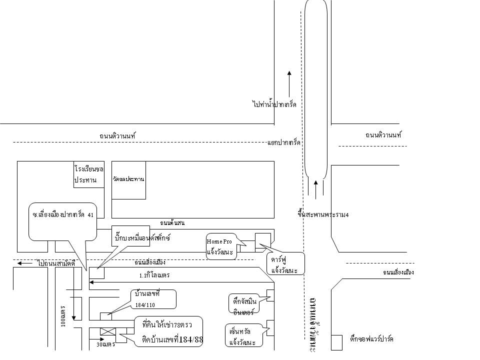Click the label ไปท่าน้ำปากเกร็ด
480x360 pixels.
[274, 104]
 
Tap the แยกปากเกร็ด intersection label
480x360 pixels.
[283, 143]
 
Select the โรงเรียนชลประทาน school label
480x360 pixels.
[88, 174]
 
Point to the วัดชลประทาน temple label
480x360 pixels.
[128, 179]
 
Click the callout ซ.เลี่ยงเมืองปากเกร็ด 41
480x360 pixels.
[62, 215]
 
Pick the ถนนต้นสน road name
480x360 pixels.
[172, 223]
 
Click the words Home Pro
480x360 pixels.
[219, 241]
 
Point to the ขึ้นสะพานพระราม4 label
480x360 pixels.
[322, 214]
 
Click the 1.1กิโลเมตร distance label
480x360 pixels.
[154, 275]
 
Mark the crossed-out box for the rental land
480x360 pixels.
[107, 331]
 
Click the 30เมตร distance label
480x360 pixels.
[105, 344]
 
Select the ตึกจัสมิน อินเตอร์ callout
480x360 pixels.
[244, 305]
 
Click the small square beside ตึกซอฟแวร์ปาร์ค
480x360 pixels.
[336, 342]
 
